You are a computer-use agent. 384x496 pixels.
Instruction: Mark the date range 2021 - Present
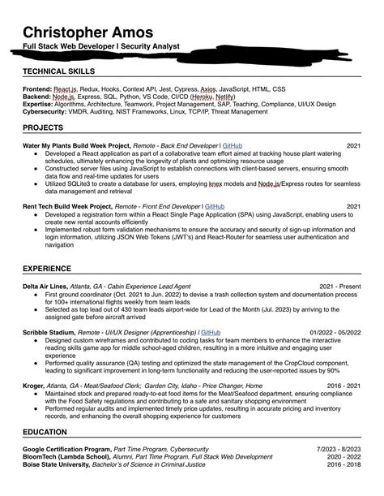[x=340, y=287]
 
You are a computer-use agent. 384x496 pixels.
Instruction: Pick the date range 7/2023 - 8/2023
[x=339, y=449]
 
